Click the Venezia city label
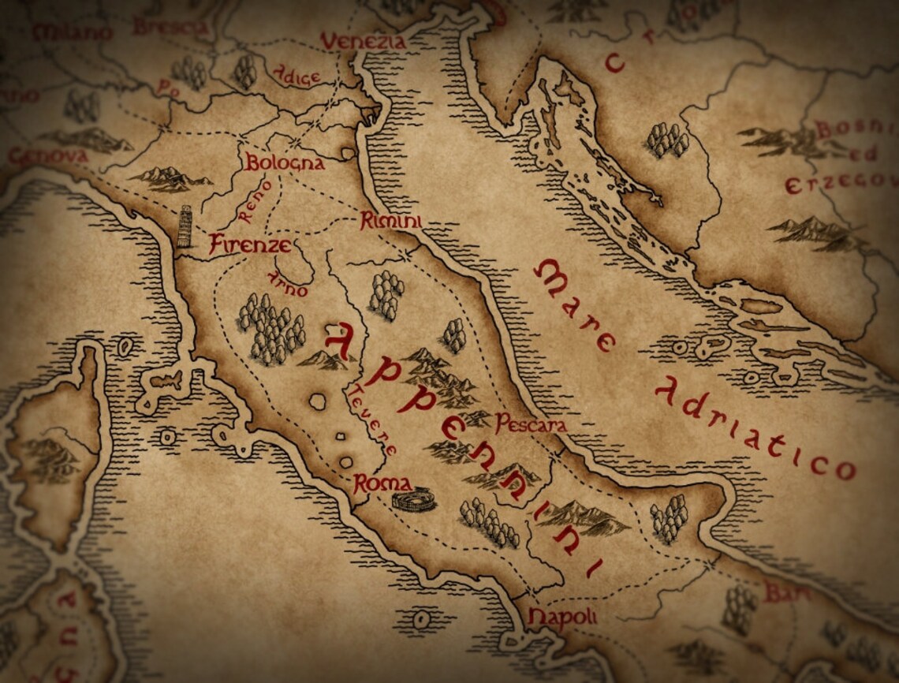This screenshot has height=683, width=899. coord(363,40)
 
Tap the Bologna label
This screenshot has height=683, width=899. coord(285,163)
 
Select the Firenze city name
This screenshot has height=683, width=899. coord(249,244)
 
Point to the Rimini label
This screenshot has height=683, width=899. coord(389,222)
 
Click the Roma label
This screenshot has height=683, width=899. coord(382,484)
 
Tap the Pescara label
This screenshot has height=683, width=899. coord(531,424)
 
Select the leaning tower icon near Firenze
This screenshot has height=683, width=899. coord(185,227)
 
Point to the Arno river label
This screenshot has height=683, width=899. coord(287,283)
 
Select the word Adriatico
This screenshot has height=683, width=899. coord(753,429)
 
